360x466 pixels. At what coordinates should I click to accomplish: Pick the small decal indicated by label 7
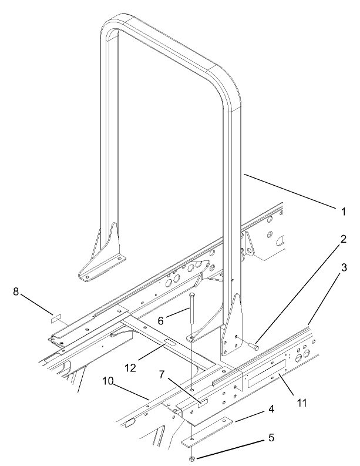click(x=201, y=402)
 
